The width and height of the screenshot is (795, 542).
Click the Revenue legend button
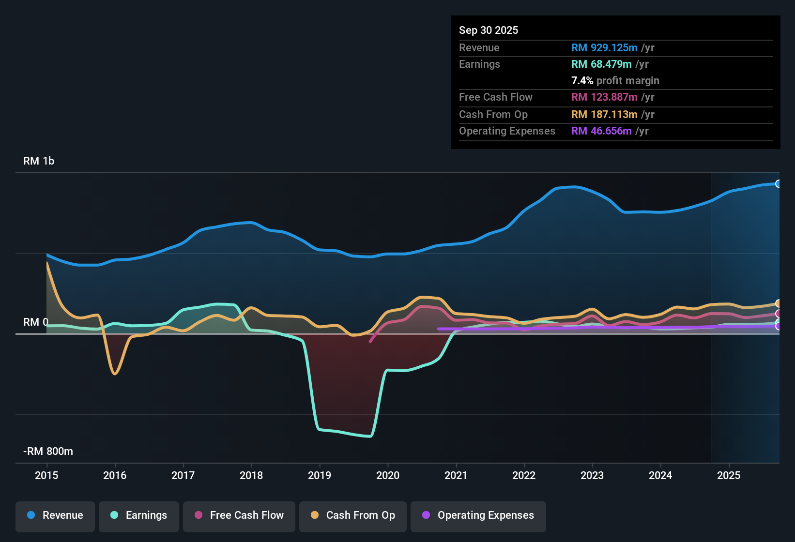coord(55,515)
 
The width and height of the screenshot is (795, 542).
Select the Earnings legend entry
coord(139,515)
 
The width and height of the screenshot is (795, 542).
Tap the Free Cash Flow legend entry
coord(239,515)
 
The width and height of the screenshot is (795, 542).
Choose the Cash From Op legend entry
coord(353,515)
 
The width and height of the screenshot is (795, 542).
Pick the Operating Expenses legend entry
coord(478,515)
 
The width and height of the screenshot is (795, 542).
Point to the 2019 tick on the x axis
coord(320,475)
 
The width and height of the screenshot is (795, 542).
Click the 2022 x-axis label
coord(524,475)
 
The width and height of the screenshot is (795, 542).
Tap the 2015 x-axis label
coord(46,475)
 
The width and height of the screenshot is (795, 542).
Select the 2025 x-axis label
coord(729,475)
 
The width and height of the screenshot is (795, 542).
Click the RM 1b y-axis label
coord(39,161)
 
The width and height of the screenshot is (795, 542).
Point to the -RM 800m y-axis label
coord(48,451)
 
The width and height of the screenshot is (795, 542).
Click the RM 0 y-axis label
coord(36,322)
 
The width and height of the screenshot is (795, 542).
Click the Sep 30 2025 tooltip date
coord(489,30)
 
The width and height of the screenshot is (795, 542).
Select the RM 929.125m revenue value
coord(604,47)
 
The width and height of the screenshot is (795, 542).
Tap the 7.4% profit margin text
coord(615,80)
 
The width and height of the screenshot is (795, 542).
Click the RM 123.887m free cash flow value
coord(604,97)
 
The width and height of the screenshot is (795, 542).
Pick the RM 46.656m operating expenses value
coord(601,131)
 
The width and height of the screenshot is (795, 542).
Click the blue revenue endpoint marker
coord(778,184)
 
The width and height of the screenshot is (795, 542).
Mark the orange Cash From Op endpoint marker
coord(778,303)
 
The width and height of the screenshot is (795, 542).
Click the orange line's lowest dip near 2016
coord(115,374)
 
